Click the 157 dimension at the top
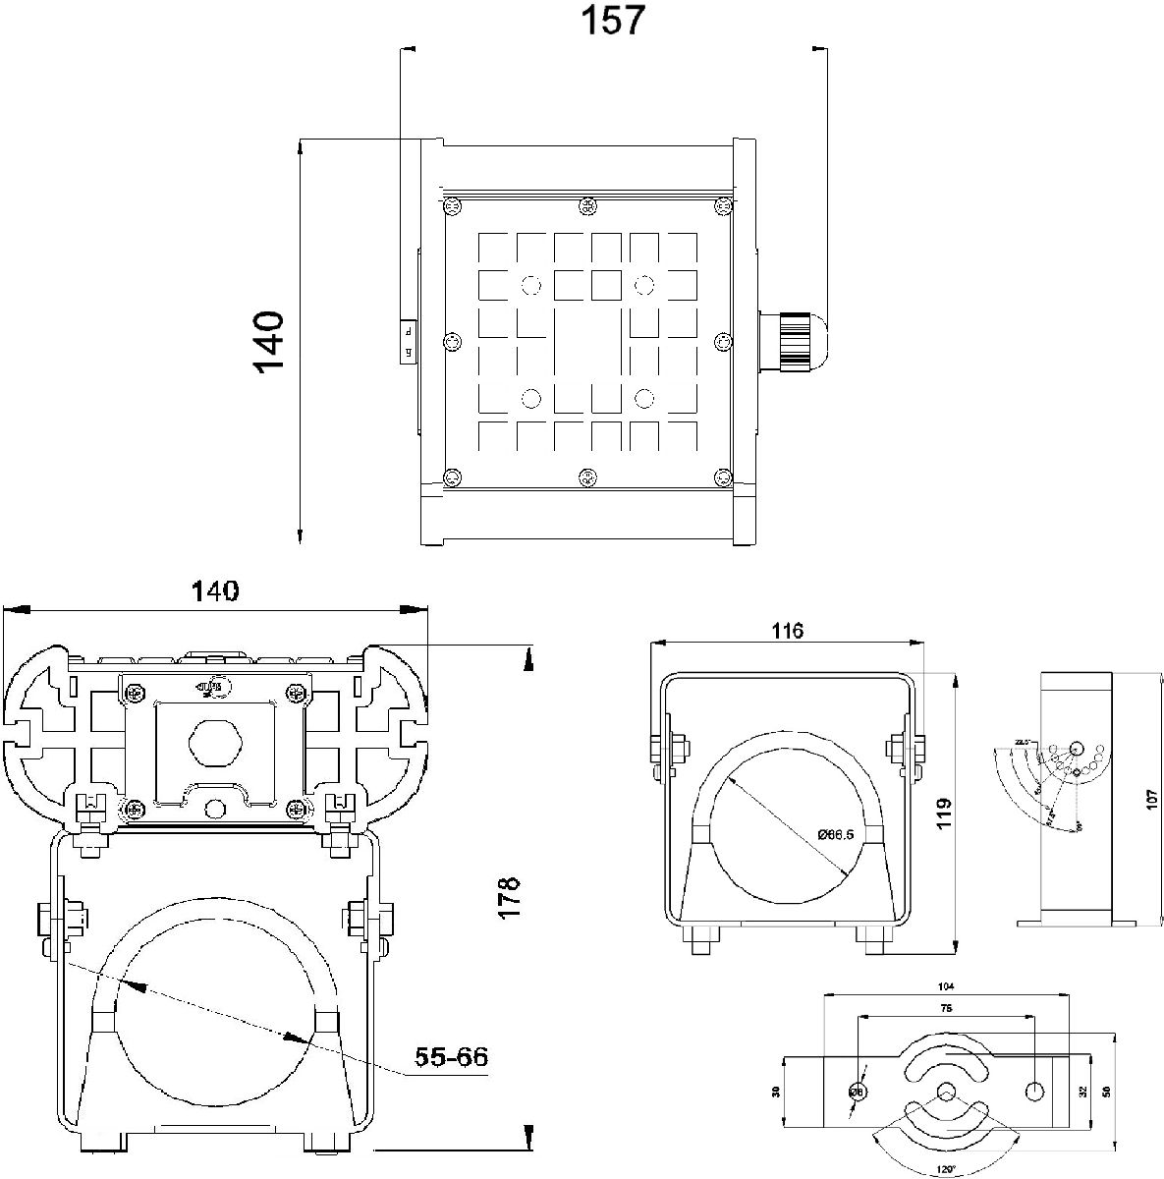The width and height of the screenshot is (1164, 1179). tap(613, 21)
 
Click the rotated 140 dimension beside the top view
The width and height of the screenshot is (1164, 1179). tap(268, 341)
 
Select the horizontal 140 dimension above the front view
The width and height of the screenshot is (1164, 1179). tap(215, 591)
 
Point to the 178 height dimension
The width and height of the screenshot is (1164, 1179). tap(508, 897)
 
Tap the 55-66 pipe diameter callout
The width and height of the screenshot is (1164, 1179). tap(451, 1057)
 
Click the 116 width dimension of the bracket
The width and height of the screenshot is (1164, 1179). tap(788, 631)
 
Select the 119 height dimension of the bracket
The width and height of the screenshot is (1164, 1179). tap(944, 815)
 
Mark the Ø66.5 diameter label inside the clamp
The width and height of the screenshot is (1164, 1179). tap(835, 834)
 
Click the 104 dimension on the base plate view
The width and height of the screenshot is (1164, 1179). tap(946, 986)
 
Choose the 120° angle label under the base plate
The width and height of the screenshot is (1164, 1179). tap(945, 1171)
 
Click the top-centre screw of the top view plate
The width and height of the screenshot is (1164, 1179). tap(587, 206)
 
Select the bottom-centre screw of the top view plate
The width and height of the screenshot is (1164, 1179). tap(587, 478)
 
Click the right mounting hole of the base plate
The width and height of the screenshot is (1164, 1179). tap(1034, 1091)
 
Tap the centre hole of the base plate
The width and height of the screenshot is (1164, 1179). tap(946, 1092)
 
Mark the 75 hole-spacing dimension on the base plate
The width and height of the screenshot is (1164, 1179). tap(946, 1009)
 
